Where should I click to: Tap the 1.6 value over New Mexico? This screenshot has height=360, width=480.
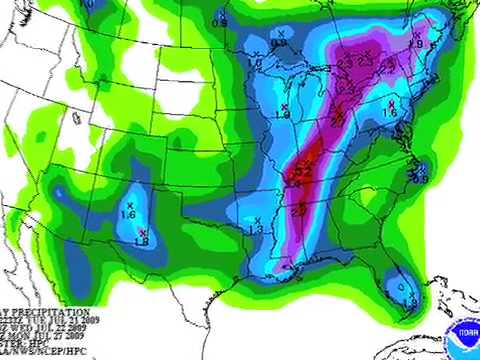pos(129,215)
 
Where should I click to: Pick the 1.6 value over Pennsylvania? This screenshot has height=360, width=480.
pos(390,114)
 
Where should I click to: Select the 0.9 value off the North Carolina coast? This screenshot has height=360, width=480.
pos(418,178)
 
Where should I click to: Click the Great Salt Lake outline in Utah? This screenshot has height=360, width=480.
pos(76,118)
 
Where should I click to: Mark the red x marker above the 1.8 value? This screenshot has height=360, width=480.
pos(142,232)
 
